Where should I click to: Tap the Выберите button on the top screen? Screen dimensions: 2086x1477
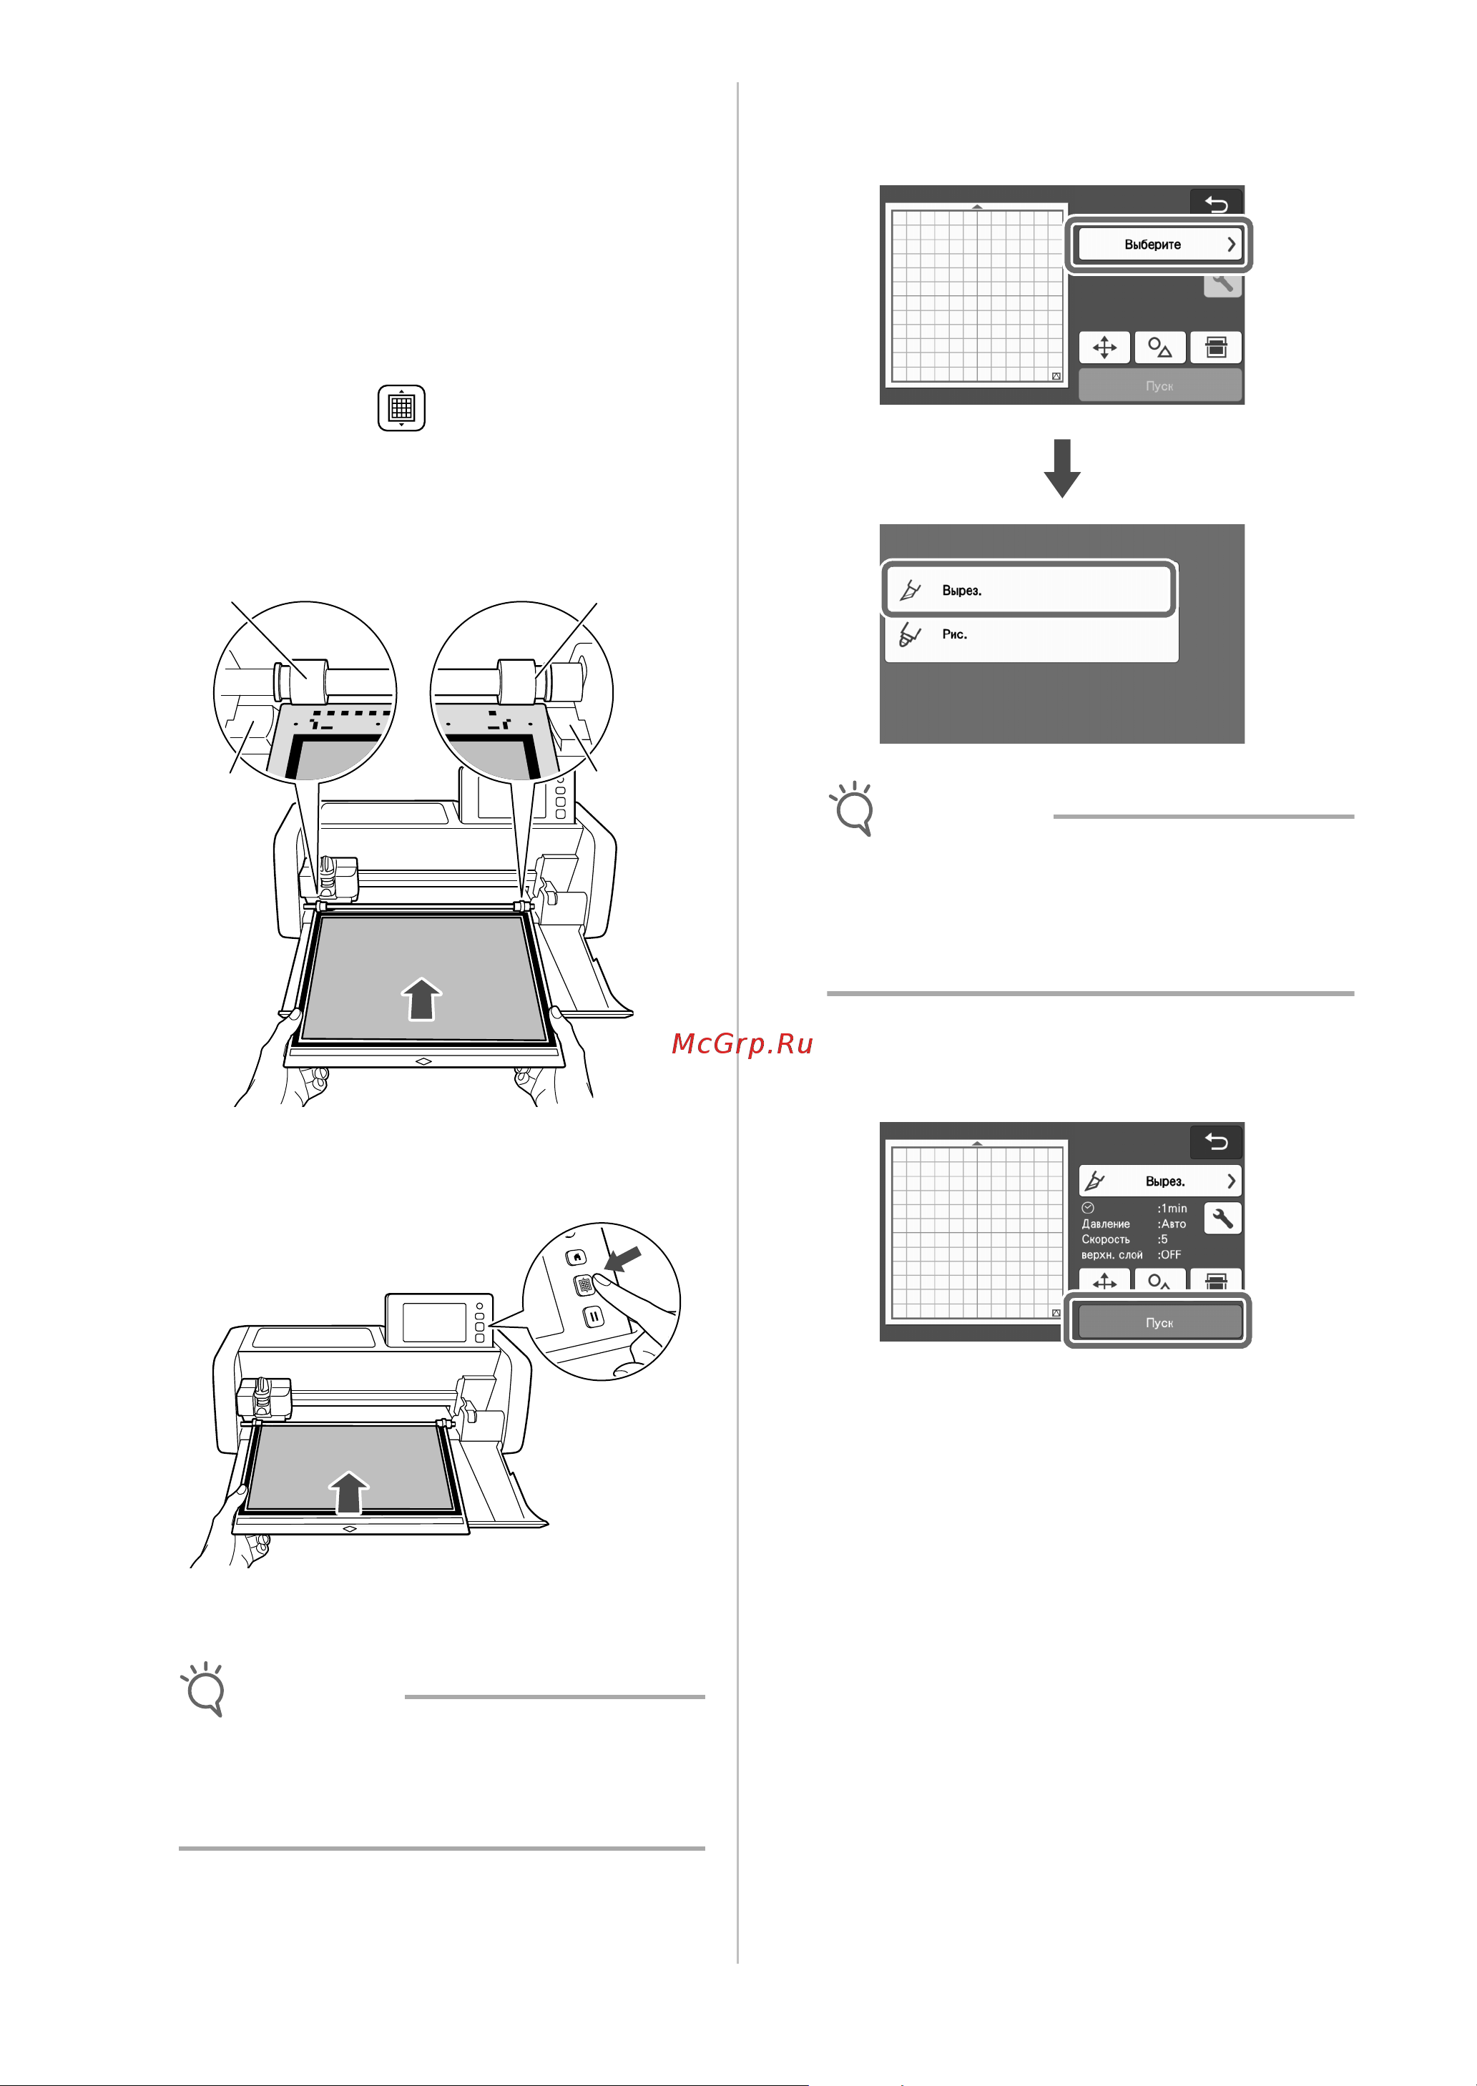[1158, 244]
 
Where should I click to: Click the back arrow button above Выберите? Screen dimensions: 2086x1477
[1216, 204]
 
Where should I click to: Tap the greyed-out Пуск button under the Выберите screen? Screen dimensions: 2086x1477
[1159, 385]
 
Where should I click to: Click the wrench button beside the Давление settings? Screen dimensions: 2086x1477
[1222, 1218]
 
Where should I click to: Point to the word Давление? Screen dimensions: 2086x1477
[1105, 1224]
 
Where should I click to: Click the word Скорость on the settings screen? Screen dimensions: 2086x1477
[1105, 1239]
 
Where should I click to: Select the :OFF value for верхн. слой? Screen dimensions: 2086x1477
[1169, 1255]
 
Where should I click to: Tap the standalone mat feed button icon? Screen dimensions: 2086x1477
[401, 408]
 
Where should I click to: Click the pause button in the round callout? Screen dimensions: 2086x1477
[593, 1316]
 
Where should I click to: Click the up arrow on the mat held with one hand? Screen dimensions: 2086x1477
[348, 1492]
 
